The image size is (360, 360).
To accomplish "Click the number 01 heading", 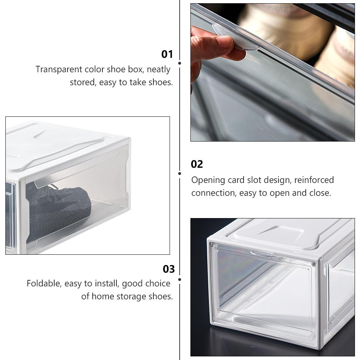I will (167, 54).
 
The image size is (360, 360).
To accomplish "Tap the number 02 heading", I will (197, 164).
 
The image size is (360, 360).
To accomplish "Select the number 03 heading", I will (169, 269).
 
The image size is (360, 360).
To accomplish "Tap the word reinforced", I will (314, 180).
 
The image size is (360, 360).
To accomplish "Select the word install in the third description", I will (107, 283).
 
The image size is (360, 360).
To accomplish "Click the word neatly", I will (158, 69).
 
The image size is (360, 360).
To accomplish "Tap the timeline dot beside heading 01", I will (180, 63).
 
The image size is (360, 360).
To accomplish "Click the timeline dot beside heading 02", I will (180, 173).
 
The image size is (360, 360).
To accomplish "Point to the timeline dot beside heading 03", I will (180, 279).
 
